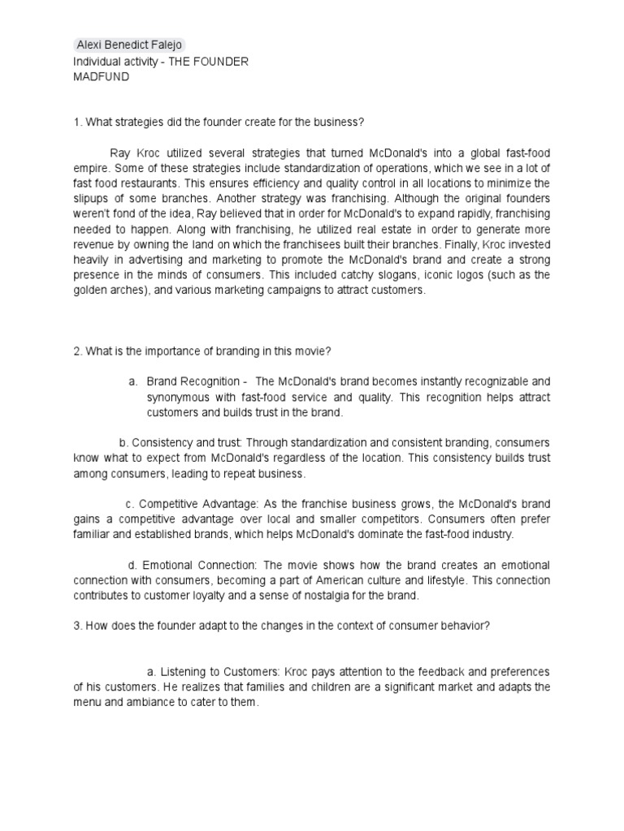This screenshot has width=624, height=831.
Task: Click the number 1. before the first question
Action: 77,122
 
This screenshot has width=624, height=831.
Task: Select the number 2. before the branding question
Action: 77,351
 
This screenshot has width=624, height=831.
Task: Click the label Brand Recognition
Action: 194,381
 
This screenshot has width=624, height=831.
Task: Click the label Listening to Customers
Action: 215,672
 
